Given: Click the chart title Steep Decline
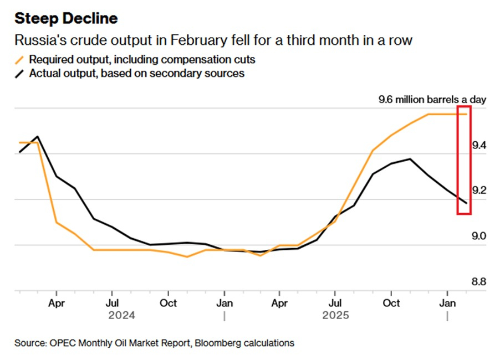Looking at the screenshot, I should pyautogui.click(x=66, y=18).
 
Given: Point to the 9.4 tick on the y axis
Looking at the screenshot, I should pyautogui.click(x=478, y=146).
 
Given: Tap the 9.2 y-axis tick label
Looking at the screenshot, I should pyautogui.click(x=478, y=191).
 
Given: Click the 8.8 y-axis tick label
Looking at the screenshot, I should pyautogui.click(x=478, y=282).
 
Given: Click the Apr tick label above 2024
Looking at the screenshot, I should pyautogui.click(x=57, y=303).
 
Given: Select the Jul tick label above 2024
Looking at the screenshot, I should pyautogui.click(x=112, y=303).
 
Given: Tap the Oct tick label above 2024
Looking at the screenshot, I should pyautogui.click(x=168, y=303).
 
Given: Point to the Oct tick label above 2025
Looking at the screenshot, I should pyautogui.click(x=391, y=303).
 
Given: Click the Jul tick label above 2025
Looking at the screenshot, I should pyautogui.click(x=335, y=303).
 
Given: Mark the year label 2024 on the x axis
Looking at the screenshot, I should pyautogui.click(x=121, y=316).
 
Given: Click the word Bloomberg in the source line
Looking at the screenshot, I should pyautogui.click(x=207, y=343).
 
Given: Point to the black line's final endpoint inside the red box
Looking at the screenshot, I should pyautogui.click(x=466, y=203).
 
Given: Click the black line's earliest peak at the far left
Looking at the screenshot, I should pyautogui.click(x=37, y=136).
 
